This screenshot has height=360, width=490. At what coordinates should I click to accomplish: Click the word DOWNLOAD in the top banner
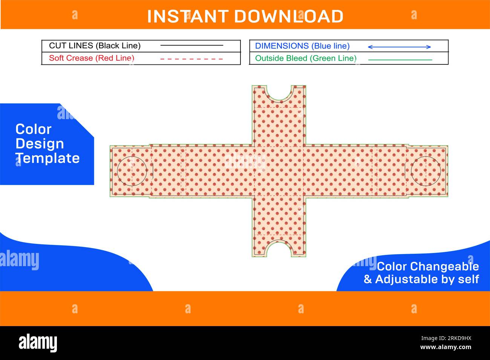pos(289,16)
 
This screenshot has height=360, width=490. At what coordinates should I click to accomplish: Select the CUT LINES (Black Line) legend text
pos(95,46)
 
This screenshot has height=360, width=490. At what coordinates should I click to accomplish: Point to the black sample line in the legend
pos(191,45)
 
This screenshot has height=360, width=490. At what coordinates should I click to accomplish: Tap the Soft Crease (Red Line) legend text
pos(92,58)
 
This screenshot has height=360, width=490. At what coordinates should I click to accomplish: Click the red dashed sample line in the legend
pos(191,59)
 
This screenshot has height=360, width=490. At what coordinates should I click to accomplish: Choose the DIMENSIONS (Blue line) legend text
pos(302,46)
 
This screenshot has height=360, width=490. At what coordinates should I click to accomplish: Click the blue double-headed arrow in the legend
pos(399,47)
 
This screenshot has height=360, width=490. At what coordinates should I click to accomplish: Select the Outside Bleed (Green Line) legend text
pos(306,58)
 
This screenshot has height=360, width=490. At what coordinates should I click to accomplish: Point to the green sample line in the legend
pos(400,60)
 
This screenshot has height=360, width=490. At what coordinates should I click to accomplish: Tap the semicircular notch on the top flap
pos(279,100)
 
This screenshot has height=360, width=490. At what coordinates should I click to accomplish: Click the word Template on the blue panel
pos(47,158)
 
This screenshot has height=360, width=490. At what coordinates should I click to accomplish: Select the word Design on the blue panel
pos(40,144)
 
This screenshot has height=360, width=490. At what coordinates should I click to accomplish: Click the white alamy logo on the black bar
pos(38,343)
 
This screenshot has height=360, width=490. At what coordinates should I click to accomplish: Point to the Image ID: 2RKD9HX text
pos(446,338)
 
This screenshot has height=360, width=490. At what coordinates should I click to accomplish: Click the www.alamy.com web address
pos(446,347)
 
